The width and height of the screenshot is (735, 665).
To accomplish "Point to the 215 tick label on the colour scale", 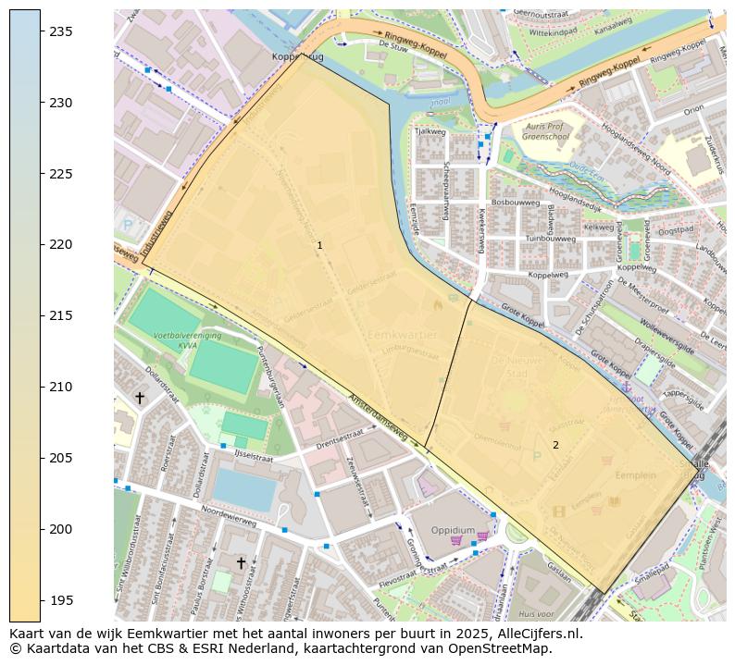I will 61,316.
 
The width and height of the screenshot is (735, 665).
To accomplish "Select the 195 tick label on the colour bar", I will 61,600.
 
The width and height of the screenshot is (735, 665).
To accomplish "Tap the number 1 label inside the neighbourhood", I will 319,246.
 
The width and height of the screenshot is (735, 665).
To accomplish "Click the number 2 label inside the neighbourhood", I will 555,445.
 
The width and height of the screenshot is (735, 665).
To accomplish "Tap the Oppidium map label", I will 453,530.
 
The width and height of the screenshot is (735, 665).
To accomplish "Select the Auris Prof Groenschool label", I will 544,130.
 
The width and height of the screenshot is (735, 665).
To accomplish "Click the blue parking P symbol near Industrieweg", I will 127,225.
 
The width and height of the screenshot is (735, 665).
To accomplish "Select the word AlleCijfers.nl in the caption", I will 537,634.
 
